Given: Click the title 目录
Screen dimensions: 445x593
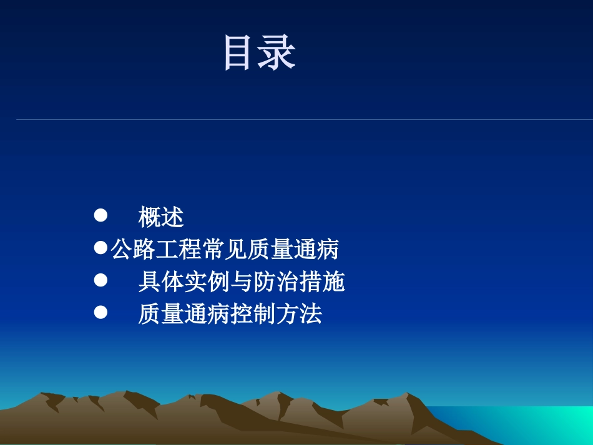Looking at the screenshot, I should click(259, 53).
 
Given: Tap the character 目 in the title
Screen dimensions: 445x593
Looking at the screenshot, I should click(241, 53).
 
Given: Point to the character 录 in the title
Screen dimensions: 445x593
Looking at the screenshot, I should click(278, 53).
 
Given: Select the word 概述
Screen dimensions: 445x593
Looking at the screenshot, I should click(161, 217).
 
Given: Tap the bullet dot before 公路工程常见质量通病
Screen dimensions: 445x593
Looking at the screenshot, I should click(100, 248).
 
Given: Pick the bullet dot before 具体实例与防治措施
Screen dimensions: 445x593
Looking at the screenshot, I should click(100, 281).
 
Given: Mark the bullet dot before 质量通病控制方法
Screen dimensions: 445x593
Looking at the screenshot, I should click(100, 313).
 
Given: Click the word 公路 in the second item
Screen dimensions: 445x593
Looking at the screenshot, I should click(133, 250).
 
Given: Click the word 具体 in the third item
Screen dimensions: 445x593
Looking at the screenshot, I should click(161, 282).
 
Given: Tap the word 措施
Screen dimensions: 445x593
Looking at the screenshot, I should click(322, 282).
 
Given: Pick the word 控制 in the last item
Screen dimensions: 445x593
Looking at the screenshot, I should click(253, 314).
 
